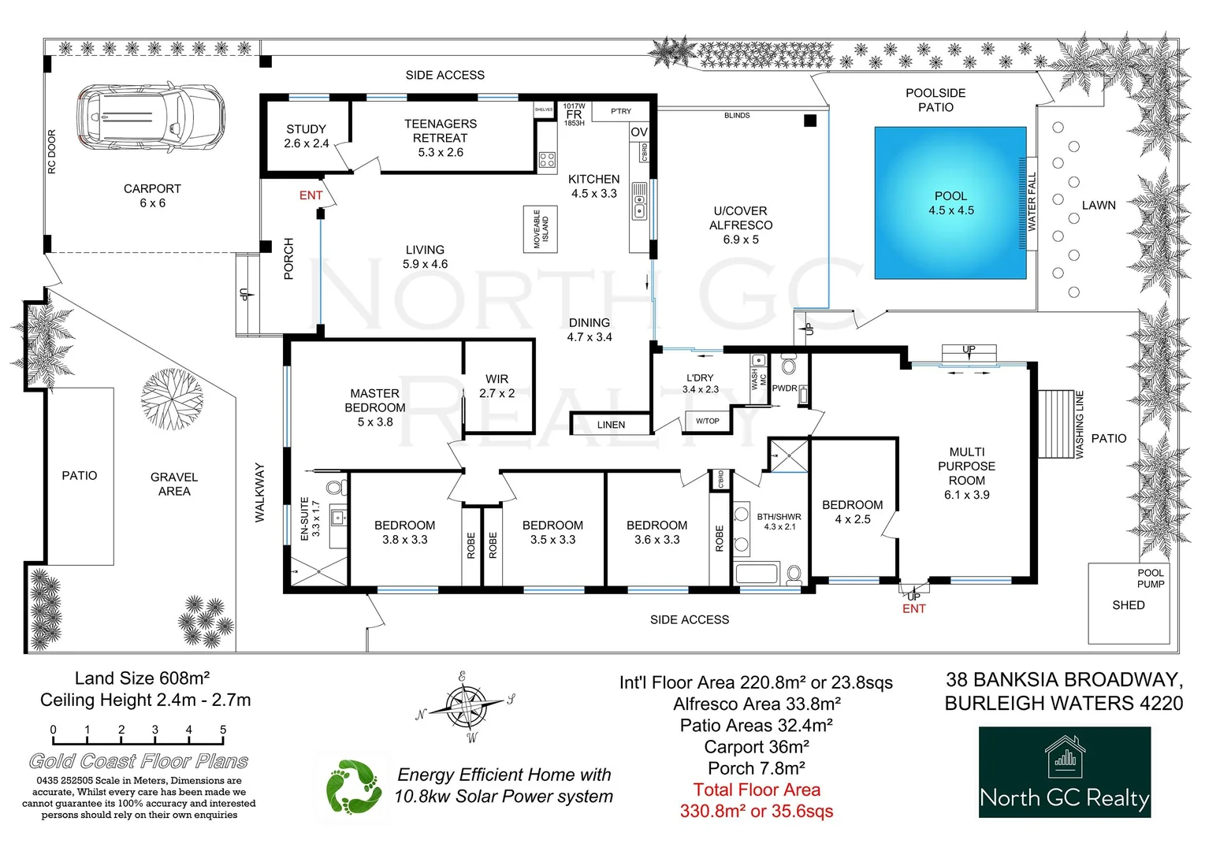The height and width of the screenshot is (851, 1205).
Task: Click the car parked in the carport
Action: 151,118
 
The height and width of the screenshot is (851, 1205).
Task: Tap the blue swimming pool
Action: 950,203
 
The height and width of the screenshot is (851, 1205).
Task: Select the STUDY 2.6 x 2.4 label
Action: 306,136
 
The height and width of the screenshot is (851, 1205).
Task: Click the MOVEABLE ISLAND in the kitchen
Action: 541,229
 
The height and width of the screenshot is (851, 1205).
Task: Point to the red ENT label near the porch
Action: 311,195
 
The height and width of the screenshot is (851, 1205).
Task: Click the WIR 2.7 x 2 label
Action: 497,386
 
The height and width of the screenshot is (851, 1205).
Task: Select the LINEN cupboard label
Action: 611,425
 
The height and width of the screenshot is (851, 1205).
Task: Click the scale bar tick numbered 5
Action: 223,730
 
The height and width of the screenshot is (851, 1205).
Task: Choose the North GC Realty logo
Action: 1064,771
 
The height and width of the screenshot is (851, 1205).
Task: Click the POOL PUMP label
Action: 1151,578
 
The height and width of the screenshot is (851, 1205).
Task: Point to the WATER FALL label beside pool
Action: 1032,202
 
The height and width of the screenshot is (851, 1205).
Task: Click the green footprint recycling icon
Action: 353,786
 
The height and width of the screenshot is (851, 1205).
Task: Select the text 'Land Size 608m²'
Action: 142,678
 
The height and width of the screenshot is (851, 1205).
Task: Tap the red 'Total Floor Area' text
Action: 757,790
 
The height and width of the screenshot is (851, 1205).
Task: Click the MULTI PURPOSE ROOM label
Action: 966,473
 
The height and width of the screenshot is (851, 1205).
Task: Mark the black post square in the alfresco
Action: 809,121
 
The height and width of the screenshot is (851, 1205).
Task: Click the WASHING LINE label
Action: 1080,425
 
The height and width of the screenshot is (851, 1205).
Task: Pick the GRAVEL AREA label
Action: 174,484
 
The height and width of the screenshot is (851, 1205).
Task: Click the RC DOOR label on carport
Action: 52,152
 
